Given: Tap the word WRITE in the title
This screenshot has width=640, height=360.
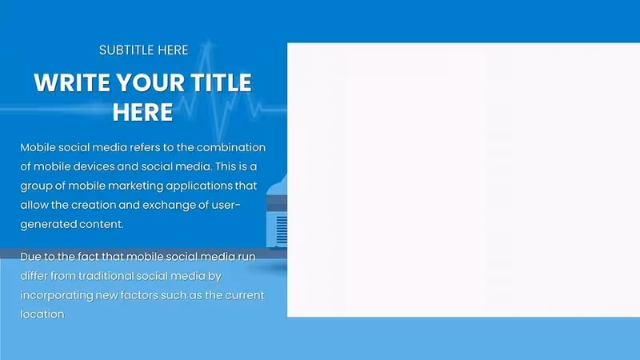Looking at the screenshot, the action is (x=72, y=83).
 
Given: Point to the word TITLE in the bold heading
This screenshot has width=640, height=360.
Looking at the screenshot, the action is (x=221, y=83).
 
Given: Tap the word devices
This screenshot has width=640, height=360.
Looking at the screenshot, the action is (x=94, y=166).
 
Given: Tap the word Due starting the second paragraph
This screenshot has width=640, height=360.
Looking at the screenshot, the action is (x=30, y=257).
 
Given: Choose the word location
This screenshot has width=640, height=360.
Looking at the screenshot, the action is (x=43, y=314).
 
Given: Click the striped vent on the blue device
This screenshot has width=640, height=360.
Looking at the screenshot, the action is (x=282, y=230).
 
